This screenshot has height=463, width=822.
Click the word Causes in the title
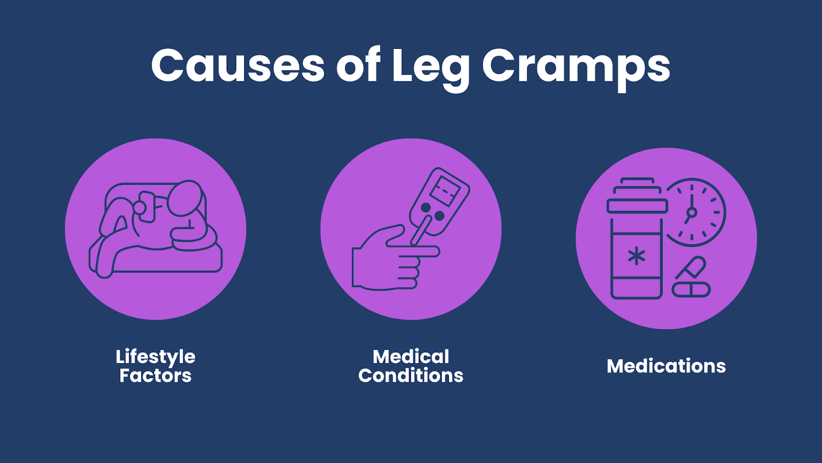(238, 65)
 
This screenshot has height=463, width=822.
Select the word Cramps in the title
(576, 69)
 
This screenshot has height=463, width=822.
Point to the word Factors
(155, 376)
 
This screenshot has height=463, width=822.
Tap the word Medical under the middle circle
(411, 357)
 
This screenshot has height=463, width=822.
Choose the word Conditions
(410, 375)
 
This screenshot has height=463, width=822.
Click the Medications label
(666, 366)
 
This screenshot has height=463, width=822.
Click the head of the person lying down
(185, 199)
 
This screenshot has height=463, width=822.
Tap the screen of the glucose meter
(444, 191)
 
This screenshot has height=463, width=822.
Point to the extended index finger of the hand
(417, 252)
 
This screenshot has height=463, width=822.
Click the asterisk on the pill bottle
(636, 256)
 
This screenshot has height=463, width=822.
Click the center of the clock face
(692, 212)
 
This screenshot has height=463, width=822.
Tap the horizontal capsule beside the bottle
(691, 290)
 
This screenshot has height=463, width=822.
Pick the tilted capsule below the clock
(690, 268)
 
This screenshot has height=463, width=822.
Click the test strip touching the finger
(421, 230)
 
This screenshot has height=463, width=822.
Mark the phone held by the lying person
(147, 207)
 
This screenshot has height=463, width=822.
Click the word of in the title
(358, 65)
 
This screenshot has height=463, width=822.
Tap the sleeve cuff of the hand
(357, 267)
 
